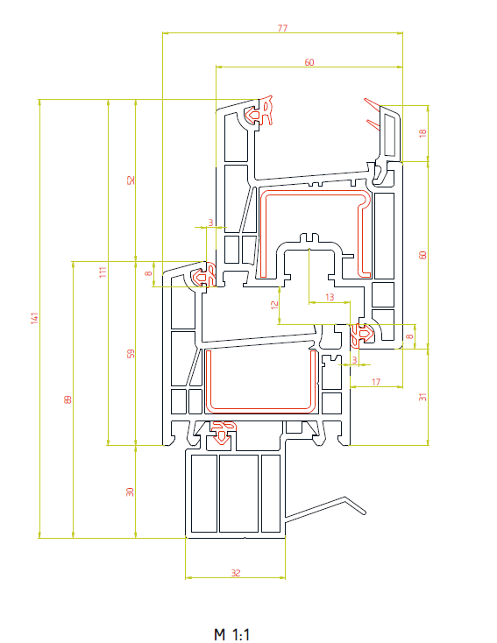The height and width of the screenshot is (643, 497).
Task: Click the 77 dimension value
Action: (282, 28)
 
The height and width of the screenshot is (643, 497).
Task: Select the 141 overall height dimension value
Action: (34, 318)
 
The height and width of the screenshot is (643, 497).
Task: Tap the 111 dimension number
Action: (103, 272)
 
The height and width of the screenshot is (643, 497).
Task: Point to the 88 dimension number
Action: (67, 399)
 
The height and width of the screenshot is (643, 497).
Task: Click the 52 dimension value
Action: (131, 180)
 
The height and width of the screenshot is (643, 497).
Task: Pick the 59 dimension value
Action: (131, 354)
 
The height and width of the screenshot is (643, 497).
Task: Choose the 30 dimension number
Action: (130, 491)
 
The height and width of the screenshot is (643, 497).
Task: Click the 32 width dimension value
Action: (236, 572)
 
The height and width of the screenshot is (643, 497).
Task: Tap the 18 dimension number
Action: (422, 133)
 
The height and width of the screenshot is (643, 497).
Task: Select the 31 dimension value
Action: (422, 397)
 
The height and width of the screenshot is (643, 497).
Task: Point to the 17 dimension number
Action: (376, 382)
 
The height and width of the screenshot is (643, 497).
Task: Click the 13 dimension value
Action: (330, 296)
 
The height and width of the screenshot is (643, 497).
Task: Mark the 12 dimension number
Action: (274, 305)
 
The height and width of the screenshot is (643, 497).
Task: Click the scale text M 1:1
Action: (232, 634)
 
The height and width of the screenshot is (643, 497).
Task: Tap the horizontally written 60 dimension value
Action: (309, 62)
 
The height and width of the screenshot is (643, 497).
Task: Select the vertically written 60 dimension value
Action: (422, 255)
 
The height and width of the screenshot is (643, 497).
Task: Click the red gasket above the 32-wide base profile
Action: (223, 431)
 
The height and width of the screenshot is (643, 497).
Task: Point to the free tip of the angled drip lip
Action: (364, 512)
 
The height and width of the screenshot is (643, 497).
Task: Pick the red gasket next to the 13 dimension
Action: (361, 335)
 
